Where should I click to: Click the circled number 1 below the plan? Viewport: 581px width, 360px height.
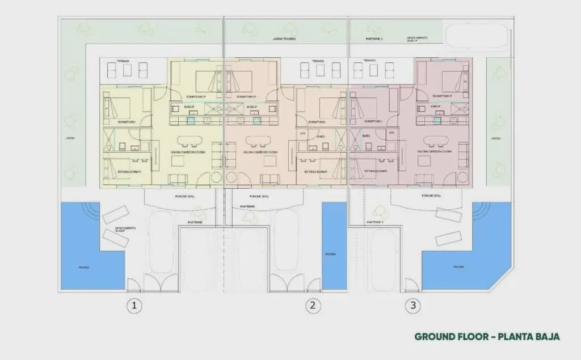click(134, 306)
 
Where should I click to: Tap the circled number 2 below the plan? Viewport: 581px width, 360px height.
click(312, 306)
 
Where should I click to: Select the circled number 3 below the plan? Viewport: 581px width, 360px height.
click(413, 306)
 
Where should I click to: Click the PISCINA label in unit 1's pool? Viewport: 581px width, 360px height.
click(84, 267)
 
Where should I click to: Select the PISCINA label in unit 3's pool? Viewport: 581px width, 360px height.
click(459, 266)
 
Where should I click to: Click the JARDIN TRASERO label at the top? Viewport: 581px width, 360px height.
click(285, 39)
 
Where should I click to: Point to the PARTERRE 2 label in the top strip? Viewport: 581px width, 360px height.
click(374, 39)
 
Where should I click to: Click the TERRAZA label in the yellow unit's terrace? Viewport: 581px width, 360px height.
click(123, 61)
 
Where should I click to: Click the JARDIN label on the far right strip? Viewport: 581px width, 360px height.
click(495, 138)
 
